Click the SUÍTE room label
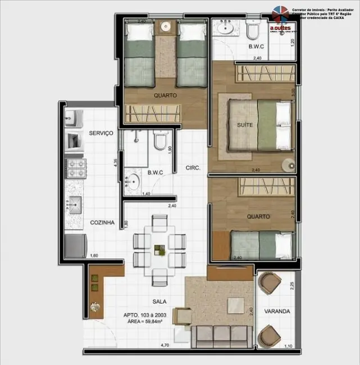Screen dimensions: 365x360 pos(245,125)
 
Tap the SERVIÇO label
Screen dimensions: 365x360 pos(101,133)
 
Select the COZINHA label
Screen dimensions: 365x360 pos(102,222)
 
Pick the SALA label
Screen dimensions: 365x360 pos(158,302)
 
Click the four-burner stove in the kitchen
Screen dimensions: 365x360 pos(75,167)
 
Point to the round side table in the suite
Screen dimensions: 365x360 pos(288,165)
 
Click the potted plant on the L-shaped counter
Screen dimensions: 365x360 pos(95,308)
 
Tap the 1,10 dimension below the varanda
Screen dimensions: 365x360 pos(288,346)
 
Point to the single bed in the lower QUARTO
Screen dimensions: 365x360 pos(262,244)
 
